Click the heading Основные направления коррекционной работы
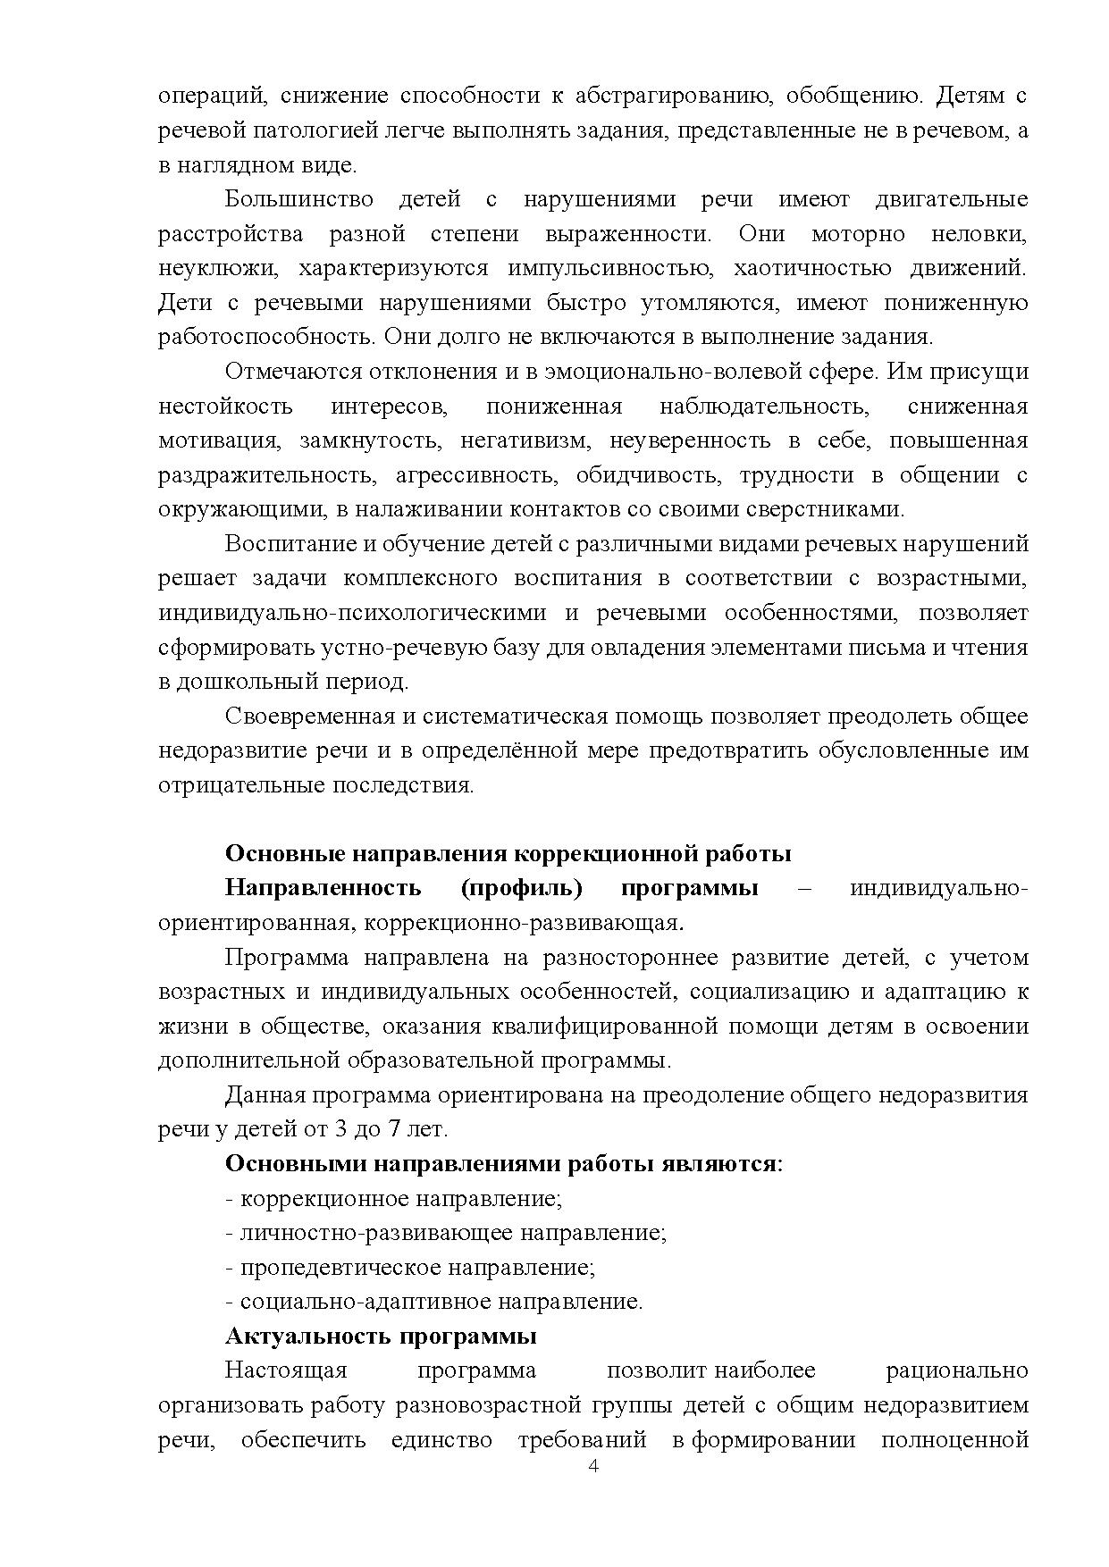(x=508, y=854)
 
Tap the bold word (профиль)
(x=522, y=889)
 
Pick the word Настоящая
(x=286, y=1370)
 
